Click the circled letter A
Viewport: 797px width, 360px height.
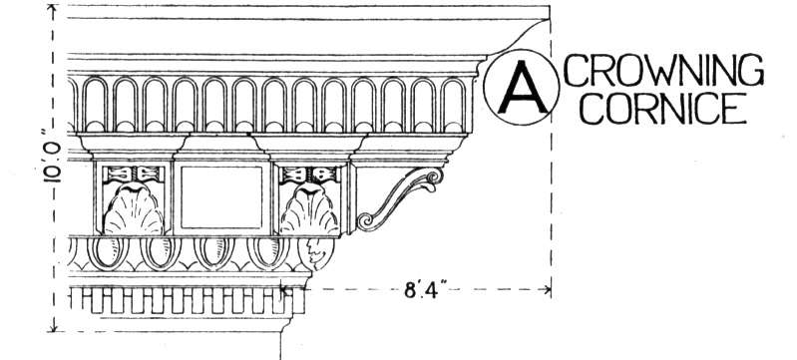pyautogui.click(x=522, y=88)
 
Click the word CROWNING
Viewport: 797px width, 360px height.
pyautogui.click(x=663, y=70)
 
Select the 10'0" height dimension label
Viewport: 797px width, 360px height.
pyautogui.click(x=52, y=156)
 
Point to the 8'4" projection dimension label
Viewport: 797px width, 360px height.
pyautogui.click(x=421, y=291)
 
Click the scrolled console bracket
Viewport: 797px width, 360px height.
pyautogui.click(x=400, y=198)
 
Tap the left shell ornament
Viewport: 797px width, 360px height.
pyautogui.click(x=134, y=209)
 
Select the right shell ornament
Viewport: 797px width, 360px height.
pyautogui.click(x=309, y=209)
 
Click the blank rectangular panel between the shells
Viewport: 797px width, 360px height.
pyautogui.click(x=221, y=196)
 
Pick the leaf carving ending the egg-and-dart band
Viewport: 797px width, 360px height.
pyautogui.click(x=316, y=253)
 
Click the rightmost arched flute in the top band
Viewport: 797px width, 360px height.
pyautogui.click(x=453, y=106)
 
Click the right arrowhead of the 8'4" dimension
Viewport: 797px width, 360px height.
pyautogui.click(x=548, y=290)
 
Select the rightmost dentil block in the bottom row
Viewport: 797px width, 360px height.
pyautogui.click(x=298, y=300)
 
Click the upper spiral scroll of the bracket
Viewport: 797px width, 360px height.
pyautogui.click(x=433, y=178)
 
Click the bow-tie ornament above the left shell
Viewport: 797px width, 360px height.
pyautogui.click(x=134, y=174)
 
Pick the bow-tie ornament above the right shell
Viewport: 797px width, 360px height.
pyautogui.click(x=309, y=175)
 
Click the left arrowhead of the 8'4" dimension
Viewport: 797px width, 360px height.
pyautogui.click(x=284, y=290)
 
